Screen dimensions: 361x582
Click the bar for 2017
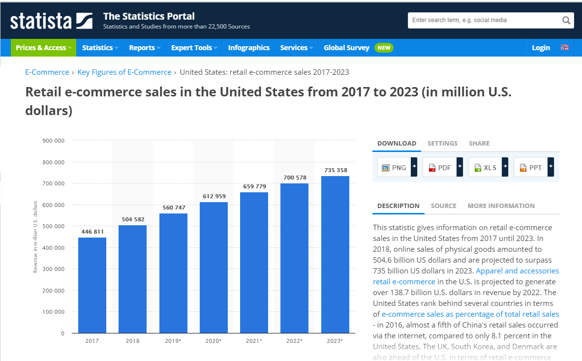[92, 285]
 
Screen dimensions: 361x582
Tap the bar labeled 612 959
[214, 268]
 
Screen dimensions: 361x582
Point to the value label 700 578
[294, 177]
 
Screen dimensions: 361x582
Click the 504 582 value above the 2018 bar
[133, 219]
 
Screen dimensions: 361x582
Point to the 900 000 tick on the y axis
[54, 141]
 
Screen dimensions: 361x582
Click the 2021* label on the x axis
[254, 341]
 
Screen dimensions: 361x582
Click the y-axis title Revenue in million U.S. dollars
[35, 237]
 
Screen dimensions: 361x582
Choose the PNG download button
[394, 168]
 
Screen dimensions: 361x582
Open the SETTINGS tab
[442, 143]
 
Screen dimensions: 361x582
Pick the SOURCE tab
[443, 206]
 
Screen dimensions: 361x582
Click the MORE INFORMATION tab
[501, 206]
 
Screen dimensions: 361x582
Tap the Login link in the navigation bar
[541, 48]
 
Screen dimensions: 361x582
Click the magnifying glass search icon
[566, 21]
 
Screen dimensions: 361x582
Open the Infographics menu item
[248, 48]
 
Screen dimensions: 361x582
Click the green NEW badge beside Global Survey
[384, 48]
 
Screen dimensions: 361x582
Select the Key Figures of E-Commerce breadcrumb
[124, 72]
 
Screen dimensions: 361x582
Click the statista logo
[51, 21]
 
